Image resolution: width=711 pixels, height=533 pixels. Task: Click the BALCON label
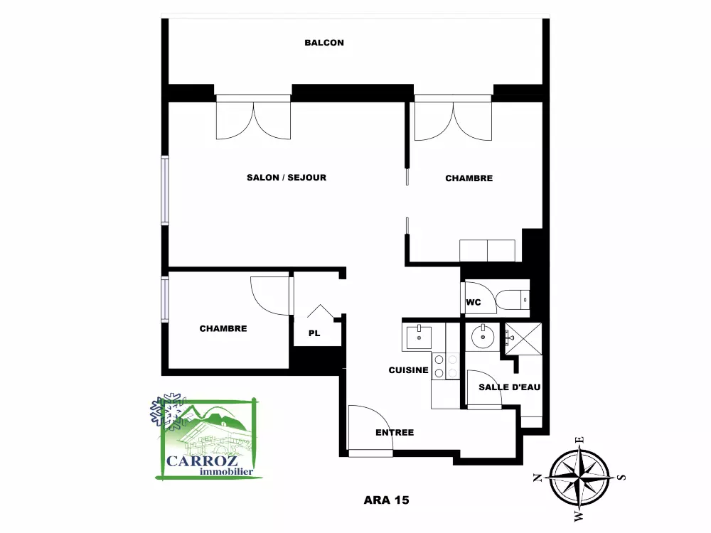[x=324, y=43]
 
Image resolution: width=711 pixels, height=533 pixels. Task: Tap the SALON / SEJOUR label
[x=287, y=178]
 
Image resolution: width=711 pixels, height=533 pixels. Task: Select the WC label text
[x=474, y=302]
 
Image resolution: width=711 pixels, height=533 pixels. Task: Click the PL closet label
[x=314, y=333]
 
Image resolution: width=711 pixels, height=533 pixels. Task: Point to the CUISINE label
[x=409, y=370]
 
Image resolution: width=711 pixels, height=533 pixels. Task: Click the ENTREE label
[x=395, y=433]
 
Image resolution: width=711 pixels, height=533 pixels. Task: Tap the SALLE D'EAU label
[x=510, y=387]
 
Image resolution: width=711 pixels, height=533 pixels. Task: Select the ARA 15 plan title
[x=386, y=500]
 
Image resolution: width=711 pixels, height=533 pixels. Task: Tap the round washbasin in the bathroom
[x=483, y=337]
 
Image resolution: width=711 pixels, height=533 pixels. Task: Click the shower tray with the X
[x=524, y=338]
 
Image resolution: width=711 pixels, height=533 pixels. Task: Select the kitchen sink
[x=419, y=337]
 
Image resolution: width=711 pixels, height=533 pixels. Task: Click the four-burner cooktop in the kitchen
[x=446, y=366]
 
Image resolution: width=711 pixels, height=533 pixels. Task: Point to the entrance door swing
[x=370, y=428]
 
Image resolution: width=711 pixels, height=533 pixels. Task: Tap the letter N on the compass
[x=538, y=478]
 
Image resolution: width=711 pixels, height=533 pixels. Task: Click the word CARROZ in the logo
[x=202, y=461]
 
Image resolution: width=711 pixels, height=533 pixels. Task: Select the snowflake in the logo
[x=168, y=411]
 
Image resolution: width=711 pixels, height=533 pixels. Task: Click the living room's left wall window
[x=165, y=190]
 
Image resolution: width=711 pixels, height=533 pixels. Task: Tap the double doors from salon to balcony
[x=253, y=117]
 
